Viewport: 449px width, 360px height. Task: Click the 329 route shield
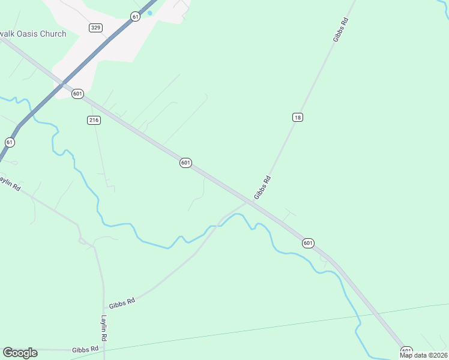point(95,28)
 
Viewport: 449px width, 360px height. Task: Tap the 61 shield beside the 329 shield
point(135,17)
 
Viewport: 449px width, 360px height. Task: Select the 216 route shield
point(94,120)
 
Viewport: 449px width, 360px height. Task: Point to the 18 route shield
point(297,117)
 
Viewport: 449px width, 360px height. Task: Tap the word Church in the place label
point(53,34)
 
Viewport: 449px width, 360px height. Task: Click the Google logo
point(20,353)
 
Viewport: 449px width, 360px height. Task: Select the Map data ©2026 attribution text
point(423,355)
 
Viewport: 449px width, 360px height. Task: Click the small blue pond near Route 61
point(149,13)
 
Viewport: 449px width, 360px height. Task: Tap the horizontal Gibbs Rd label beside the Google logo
point(85,350)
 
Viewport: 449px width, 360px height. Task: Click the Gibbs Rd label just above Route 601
point(263,187)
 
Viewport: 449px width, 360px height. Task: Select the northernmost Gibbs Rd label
point(340,29)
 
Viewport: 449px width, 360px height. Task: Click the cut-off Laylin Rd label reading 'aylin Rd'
point(10,183)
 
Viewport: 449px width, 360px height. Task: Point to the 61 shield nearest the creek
point(10,142)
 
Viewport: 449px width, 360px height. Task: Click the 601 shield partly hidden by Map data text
point(406,350)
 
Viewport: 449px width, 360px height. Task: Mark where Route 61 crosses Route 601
point(62,85)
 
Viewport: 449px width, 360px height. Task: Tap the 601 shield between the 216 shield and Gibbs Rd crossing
point(185,163)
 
